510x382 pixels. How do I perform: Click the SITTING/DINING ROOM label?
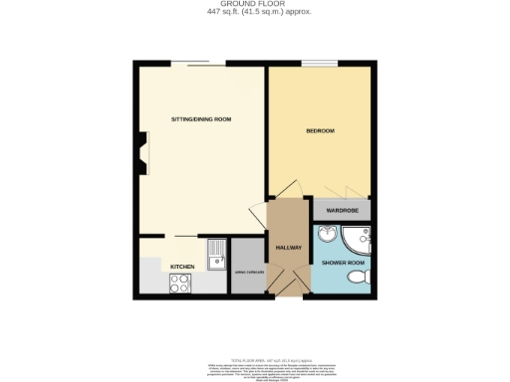pyautogui.click(x=200, y=119)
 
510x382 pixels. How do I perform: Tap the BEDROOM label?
pyautogui.click(x=320, y=131)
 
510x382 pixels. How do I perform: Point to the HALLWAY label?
pyautogui.click(x=288, y=247)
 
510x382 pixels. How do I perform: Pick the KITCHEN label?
pyautogui.click(x=181, y=267)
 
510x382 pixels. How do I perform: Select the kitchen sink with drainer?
pyautogui.click(x=216, y=256)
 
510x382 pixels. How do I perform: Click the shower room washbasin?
pyautogui.click(x=328, y=236)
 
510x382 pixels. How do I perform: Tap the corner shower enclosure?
pyautogui.click(x=356, y=239)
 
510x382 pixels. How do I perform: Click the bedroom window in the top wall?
pyautogui.click(x=322, y=65)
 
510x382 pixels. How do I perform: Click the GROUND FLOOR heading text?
pyautogui.click(x=254, y=4)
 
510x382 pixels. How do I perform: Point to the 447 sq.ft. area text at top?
pyautogui.click(x=254, y=12)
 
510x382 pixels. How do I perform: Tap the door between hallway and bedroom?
pyautogui.click(x=284, y=189)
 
